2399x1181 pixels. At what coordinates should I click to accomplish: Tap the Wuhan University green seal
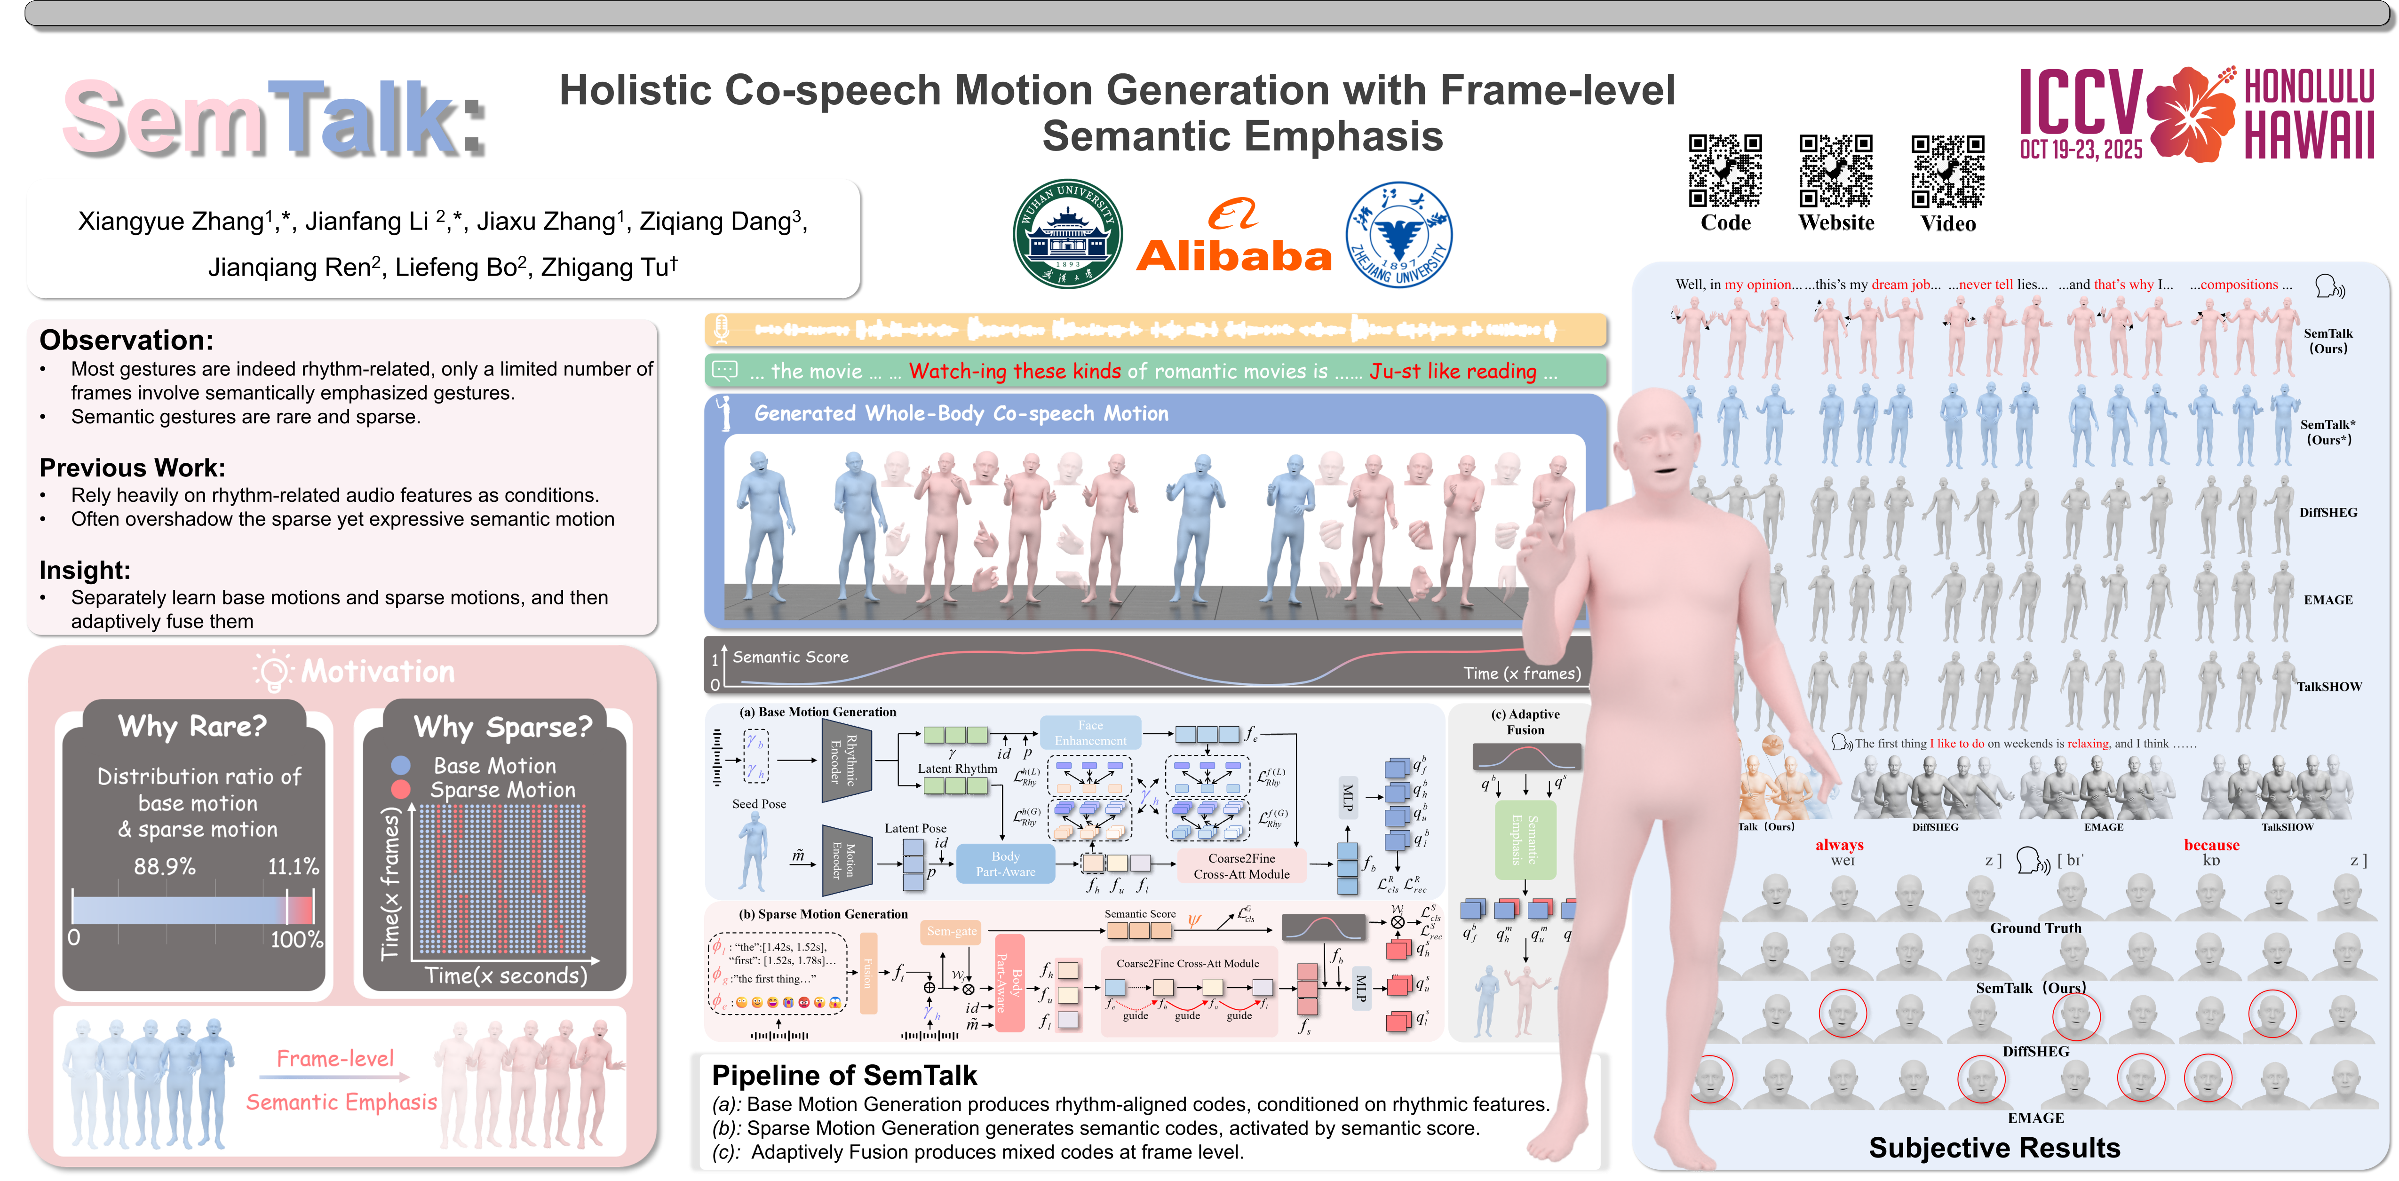coord(1067,234)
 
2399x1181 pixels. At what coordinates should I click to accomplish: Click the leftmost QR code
coord(1725,170)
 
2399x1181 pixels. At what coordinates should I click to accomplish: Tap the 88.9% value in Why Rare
coord(165,866)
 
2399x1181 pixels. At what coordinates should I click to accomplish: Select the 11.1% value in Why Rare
coord(294,866)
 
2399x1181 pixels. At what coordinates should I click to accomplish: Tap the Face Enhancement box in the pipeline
coord(1089,733)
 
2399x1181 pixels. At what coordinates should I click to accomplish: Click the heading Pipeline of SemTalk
coord(844,1076)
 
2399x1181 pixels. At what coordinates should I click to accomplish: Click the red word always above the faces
coord(1839,845)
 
